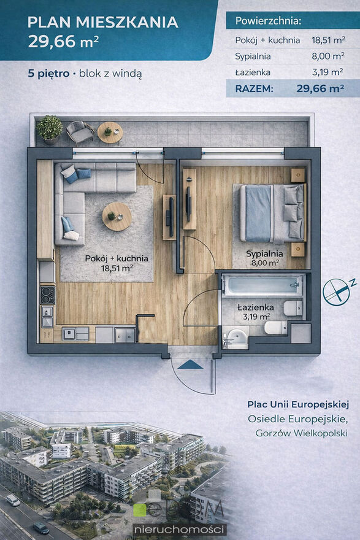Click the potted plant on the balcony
[x=50, y=129]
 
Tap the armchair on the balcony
[x=80, y=131]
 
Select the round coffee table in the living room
[x=117, y=217]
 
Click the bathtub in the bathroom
[x=263, y=285]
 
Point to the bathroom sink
[x=236, y=337]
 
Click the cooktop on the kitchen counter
[x=47, y=295]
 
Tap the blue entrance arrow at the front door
[x=190, y=364]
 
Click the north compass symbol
[x=337, y=291]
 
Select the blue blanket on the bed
[x=258, y=213]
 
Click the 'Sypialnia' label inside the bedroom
[x=264, y=254]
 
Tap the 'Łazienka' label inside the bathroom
[x=255, y=307]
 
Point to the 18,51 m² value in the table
[x=328, y=40]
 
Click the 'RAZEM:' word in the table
[x=254, y=88]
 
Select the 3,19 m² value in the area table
[x=327, y=72]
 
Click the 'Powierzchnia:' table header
[x=268, y=21]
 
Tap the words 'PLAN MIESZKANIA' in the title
[x=103, y=22]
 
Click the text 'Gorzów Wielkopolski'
[x=301, y=433]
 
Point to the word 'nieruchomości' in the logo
[x=180, y=530]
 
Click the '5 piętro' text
[x=48, y=74]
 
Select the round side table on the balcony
[x=110, y=133]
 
